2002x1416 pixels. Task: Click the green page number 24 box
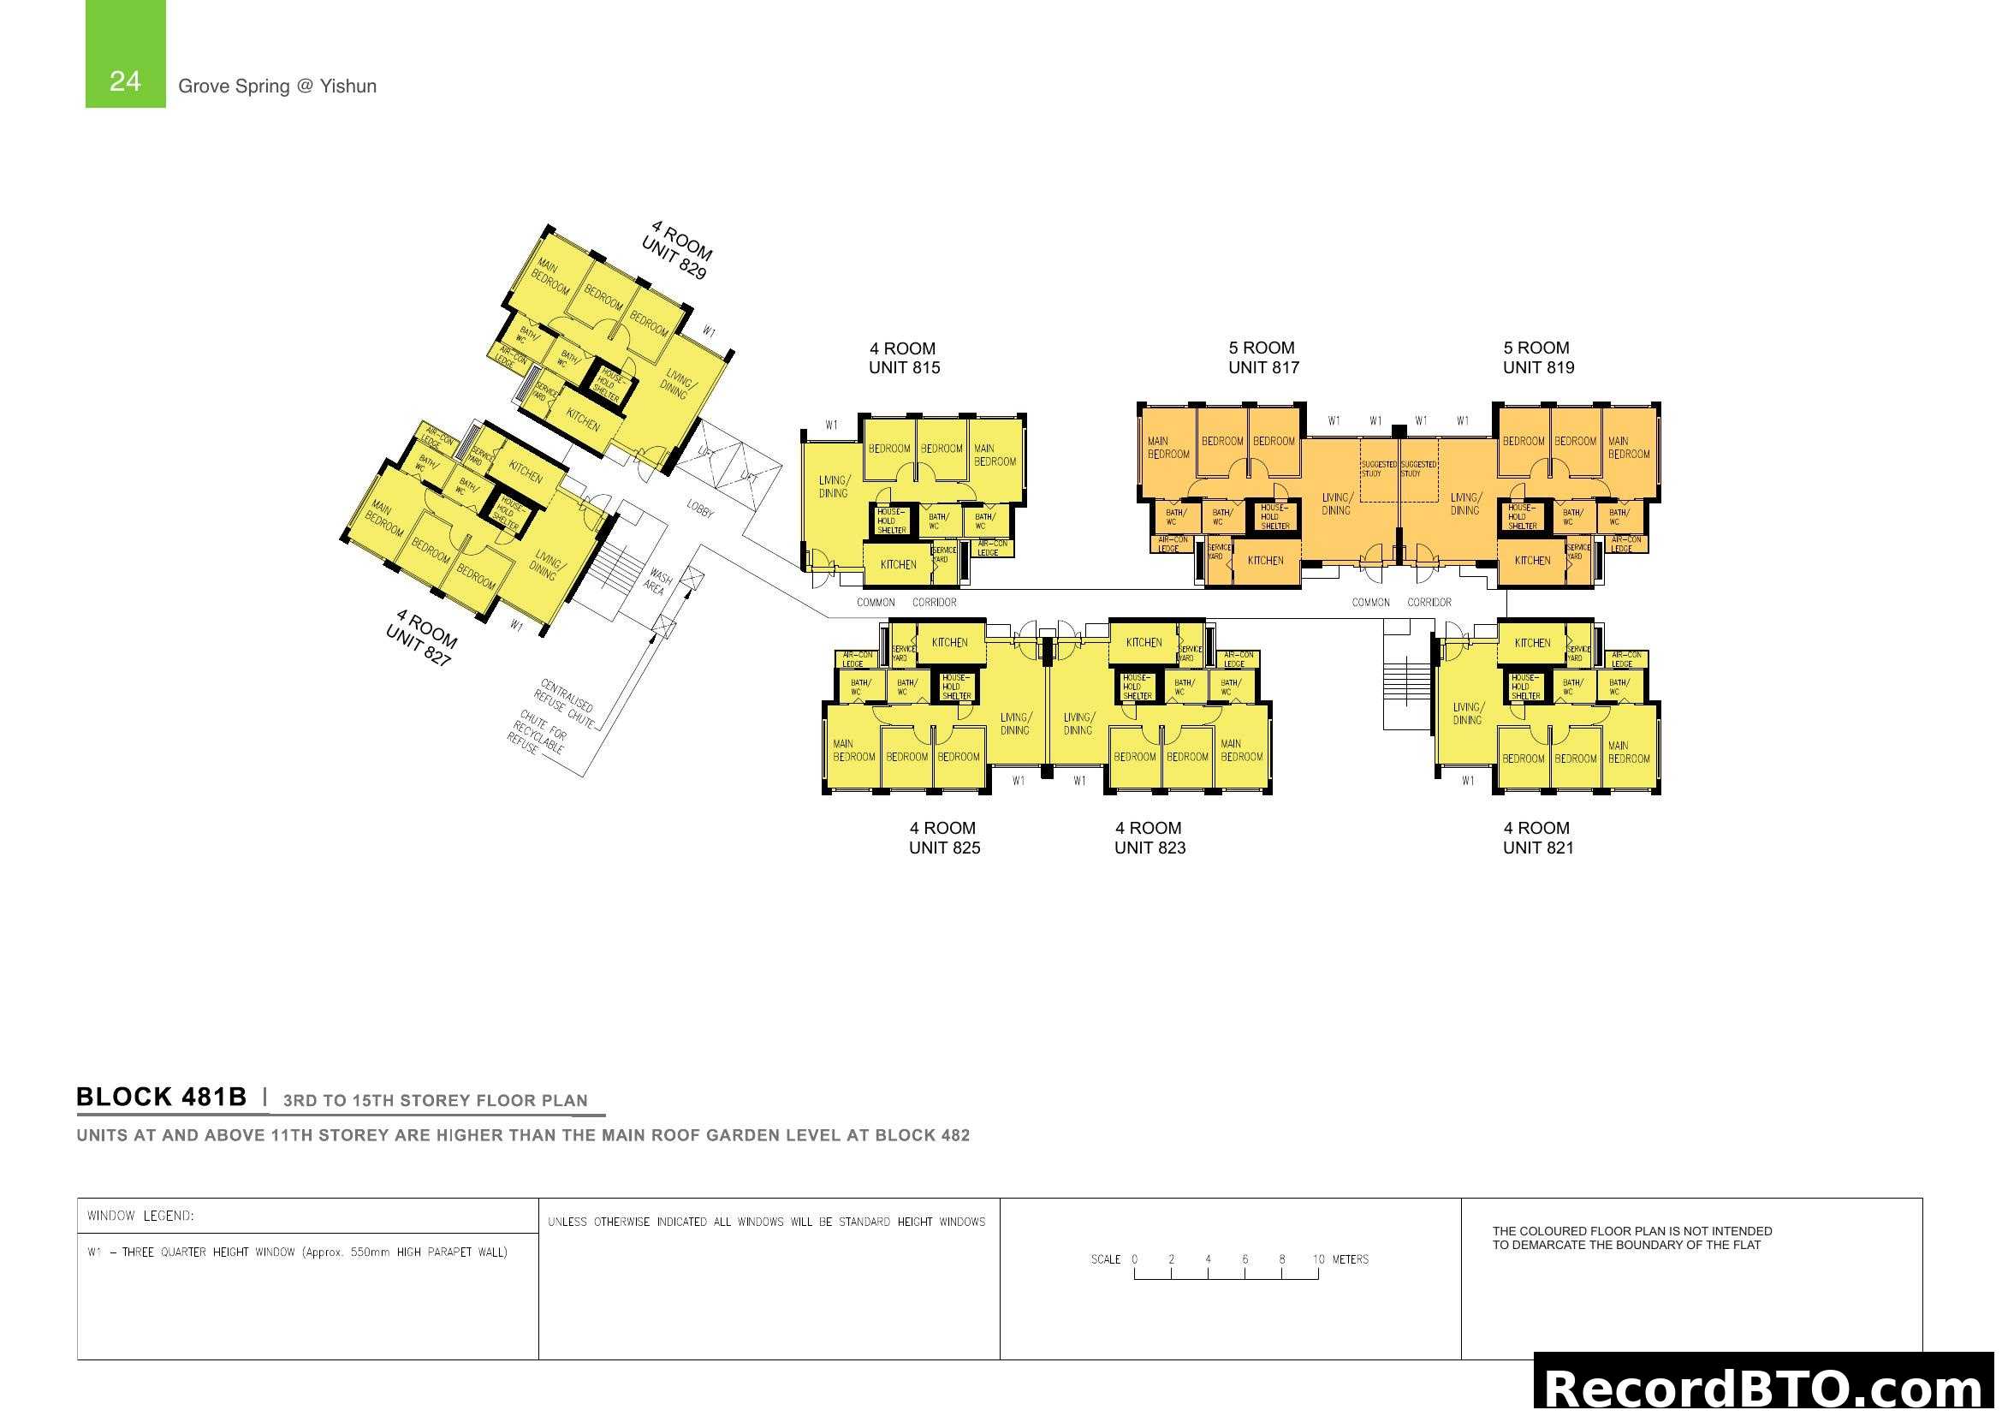click(125, 55)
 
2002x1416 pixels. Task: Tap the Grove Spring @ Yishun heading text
click(277, 86)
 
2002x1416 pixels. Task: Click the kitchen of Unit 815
click(898, 565)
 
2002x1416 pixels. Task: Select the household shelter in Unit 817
click(1274, 517)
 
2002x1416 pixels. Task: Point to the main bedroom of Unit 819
click(1628, 448)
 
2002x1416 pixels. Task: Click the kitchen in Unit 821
click(1532, 644)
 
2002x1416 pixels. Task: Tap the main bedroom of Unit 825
click(852, 751)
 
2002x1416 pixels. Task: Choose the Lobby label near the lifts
click(700, 509)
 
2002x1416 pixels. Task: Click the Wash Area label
click(657, 582)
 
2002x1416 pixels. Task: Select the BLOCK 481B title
click(161, 1097)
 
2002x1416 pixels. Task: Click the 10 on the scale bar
click(1317, 1259)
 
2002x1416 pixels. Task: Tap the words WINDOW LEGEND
click(140, 1216)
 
